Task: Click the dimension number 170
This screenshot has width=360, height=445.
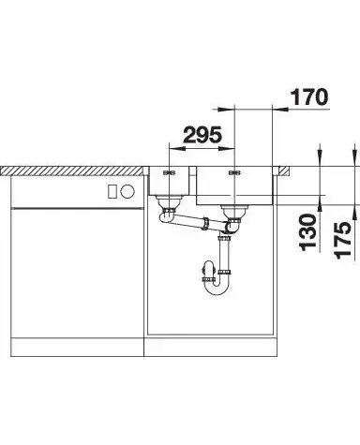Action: pyautogui.click(x=309, y=96)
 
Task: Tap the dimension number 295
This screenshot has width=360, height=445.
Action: pyautogui.click(x=202, y=135)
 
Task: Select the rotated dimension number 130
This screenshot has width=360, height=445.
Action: pyautogui.click(x=308, y=232)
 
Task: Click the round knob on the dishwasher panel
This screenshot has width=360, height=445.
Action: pyautogui.click(x=127, y=191)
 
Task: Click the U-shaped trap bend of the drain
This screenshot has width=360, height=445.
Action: pyautogui.click(x=217, y=286)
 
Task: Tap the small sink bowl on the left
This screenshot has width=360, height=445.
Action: pyautogui.click(x=169, y=181)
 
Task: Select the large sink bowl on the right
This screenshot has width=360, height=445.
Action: pyautogui.click(x=235, y=185)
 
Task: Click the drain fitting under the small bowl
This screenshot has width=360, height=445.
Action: pyautogui.click(x=169, y=206)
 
